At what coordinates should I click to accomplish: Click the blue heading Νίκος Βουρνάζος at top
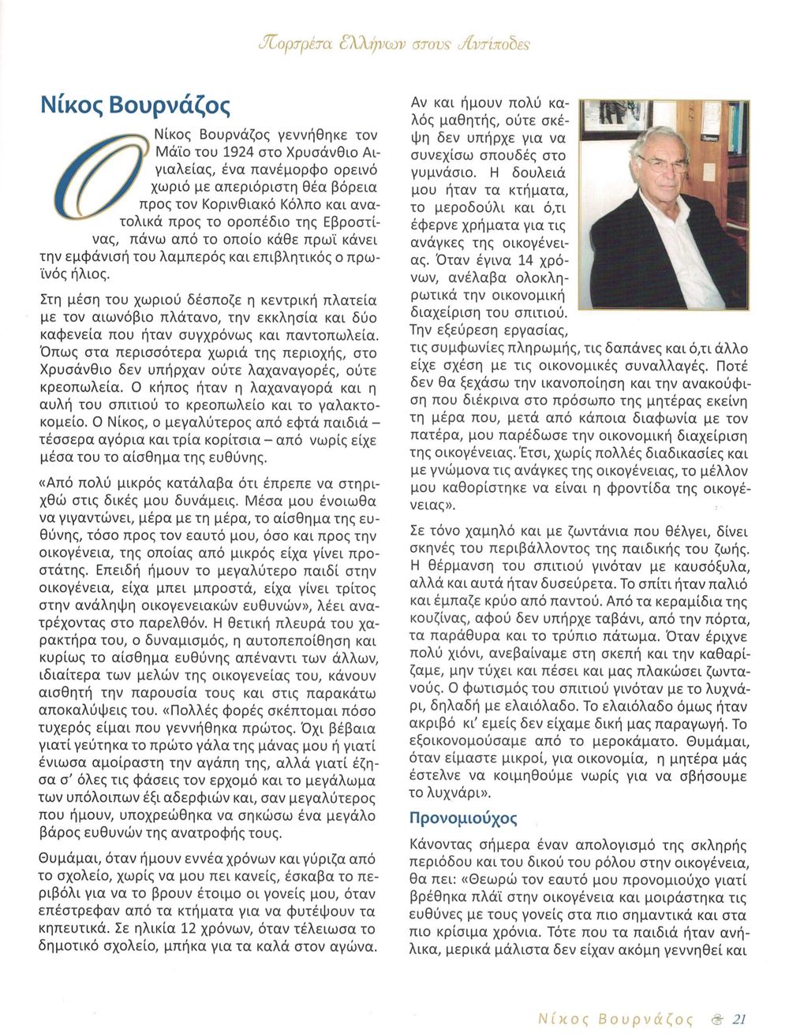tap(135, 106)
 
